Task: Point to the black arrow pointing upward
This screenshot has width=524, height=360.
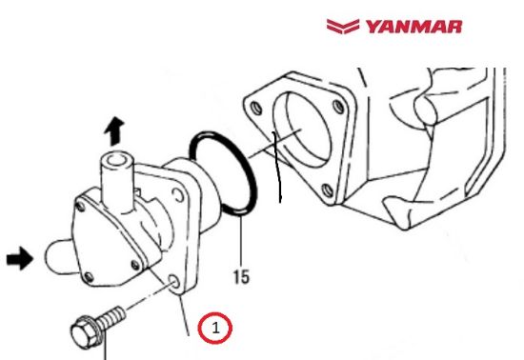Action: [114, 129]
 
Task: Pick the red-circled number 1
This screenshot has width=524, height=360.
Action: [215, 329]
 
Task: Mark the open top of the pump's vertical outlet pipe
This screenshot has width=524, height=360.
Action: [115, 159]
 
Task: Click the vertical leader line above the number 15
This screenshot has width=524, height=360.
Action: [242, 243]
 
